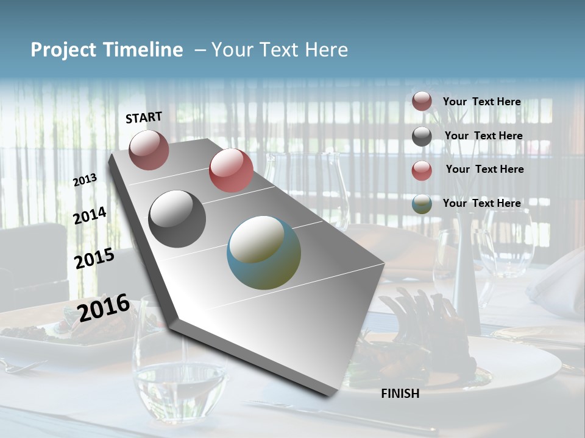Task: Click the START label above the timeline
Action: tap(144, 117)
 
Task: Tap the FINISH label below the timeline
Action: tap(400, 394)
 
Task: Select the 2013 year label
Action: tap(85, 180)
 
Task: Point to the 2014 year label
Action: tap(90, 216)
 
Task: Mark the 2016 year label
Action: tap(104, 307)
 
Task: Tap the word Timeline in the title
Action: tap(143, 50)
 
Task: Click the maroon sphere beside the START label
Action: tap(149, 150)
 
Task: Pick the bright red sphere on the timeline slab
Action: tap(231, 170)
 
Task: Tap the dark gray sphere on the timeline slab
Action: tap(177, 219)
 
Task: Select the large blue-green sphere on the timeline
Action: tap(264, 252)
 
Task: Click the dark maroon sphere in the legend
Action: tap(422, 102)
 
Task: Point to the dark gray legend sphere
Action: tap(422, 136)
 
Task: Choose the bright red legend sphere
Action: tap(422, 170)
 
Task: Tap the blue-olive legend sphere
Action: tap(422, 204)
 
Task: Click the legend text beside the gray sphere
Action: tap(483, 136)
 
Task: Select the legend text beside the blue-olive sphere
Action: tap(481, 203)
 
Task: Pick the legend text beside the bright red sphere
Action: tap(484, 169)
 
